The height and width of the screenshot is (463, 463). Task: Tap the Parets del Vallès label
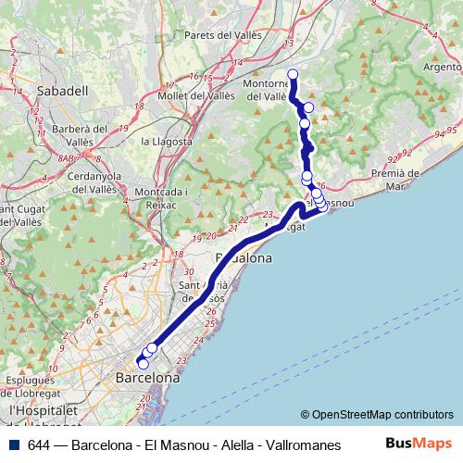224,35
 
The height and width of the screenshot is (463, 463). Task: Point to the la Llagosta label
167,142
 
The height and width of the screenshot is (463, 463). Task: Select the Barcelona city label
147,379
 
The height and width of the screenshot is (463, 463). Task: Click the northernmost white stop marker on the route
293,74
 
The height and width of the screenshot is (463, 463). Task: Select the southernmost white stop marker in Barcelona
143,364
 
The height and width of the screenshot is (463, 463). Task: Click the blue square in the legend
15,443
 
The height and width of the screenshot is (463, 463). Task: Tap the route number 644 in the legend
40,444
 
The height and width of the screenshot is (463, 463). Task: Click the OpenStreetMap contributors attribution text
382,414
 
